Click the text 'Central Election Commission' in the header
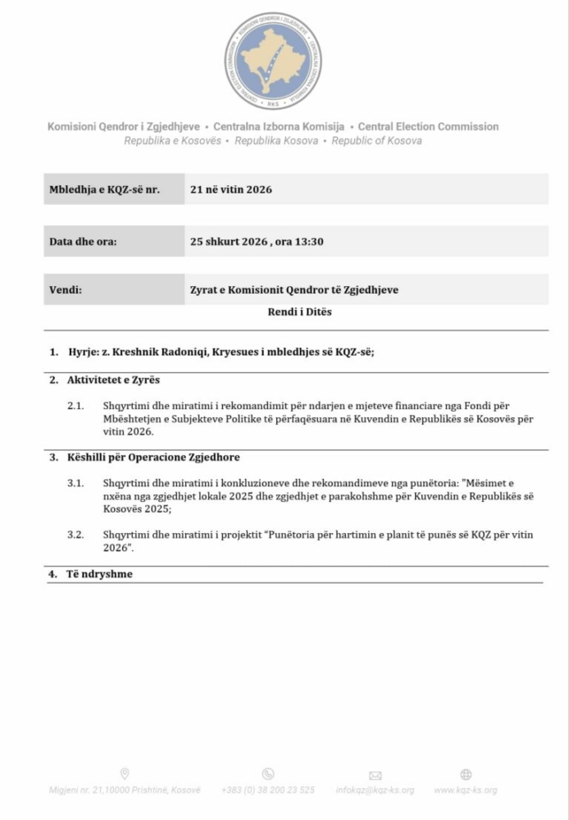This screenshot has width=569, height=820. (x=428, y=126)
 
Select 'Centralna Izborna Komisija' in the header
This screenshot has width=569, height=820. (x=280, y=126)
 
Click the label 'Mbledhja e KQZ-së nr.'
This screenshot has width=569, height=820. (x=104, y=189)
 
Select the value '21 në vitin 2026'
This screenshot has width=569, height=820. (x=230, y=189)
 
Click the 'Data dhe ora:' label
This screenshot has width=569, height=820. (x=83, y=242)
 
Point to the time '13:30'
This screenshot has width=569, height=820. (x=310, y=242)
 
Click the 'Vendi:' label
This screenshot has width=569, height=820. (x=66, y=289)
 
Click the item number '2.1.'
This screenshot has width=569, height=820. (x=75, y=406)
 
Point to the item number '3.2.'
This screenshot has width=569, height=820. (x=75, y=535)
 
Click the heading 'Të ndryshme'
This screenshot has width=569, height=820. (x=99, y=574)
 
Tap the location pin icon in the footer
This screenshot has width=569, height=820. (x=125, y=773)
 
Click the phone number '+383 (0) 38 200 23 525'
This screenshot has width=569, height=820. (x=268, y=790)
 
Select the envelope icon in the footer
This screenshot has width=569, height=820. (x=375, y=775)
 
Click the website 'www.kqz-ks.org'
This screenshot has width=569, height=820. (x=465, y=790)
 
